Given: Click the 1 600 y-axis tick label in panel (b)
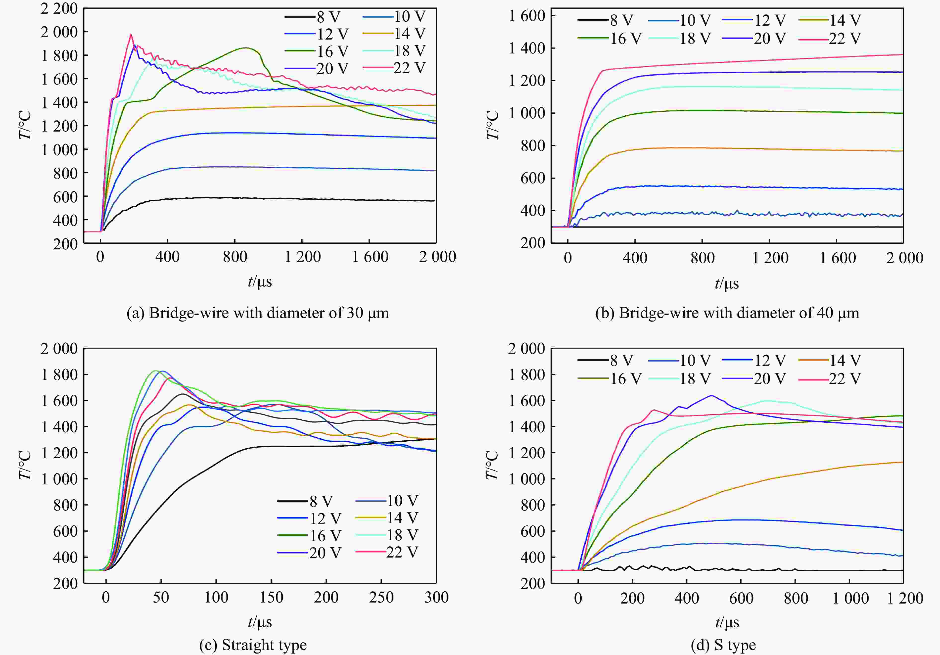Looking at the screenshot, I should (527, 16).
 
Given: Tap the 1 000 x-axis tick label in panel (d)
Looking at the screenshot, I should (850, 599).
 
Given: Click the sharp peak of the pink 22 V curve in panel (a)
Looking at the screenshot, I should (131, 34).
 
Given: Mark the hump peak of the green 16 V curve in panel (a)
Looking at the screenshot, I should (245, 48).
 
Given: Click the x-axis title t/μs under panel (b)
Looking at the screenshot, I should (727, 283).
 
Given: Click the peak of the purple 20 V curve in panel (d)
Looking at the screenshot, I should (711, 395).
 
